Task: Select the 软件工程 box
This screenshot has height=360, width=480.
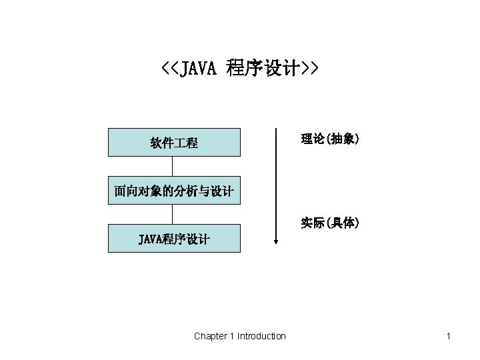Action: pos(174,143)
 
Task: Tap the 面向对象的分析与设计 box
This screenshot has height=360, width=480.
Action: pos(174,191)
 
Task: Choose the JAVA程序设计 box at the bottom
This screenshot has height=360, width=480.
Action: pos(174,238)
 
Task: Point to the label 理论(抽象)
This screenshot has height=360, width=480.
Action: pos(330,139)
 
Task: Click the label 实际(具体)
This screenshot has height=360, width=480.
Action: pos(330,223)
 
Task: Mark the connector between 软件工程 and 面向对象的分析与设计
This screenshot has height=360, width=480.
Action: pos(173,166)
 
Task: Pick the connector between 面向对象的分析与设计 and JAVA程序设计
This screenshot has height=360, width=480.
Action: pos(173,214)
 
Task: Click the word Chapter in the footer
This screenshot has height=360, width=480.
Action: pos(210,336)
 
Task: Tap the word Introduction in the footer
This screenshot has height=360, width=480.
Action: pos(261,336)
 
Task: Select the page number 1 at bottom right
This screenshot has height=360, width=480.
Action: pos(449,336)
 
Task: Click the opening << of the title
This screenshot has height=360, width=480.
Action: pos(170,68)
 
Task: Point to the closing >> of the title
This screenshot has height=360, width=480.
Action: pos(309,68)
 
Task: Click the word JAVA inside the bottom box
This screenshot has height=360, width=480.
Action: pos(150,239)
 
